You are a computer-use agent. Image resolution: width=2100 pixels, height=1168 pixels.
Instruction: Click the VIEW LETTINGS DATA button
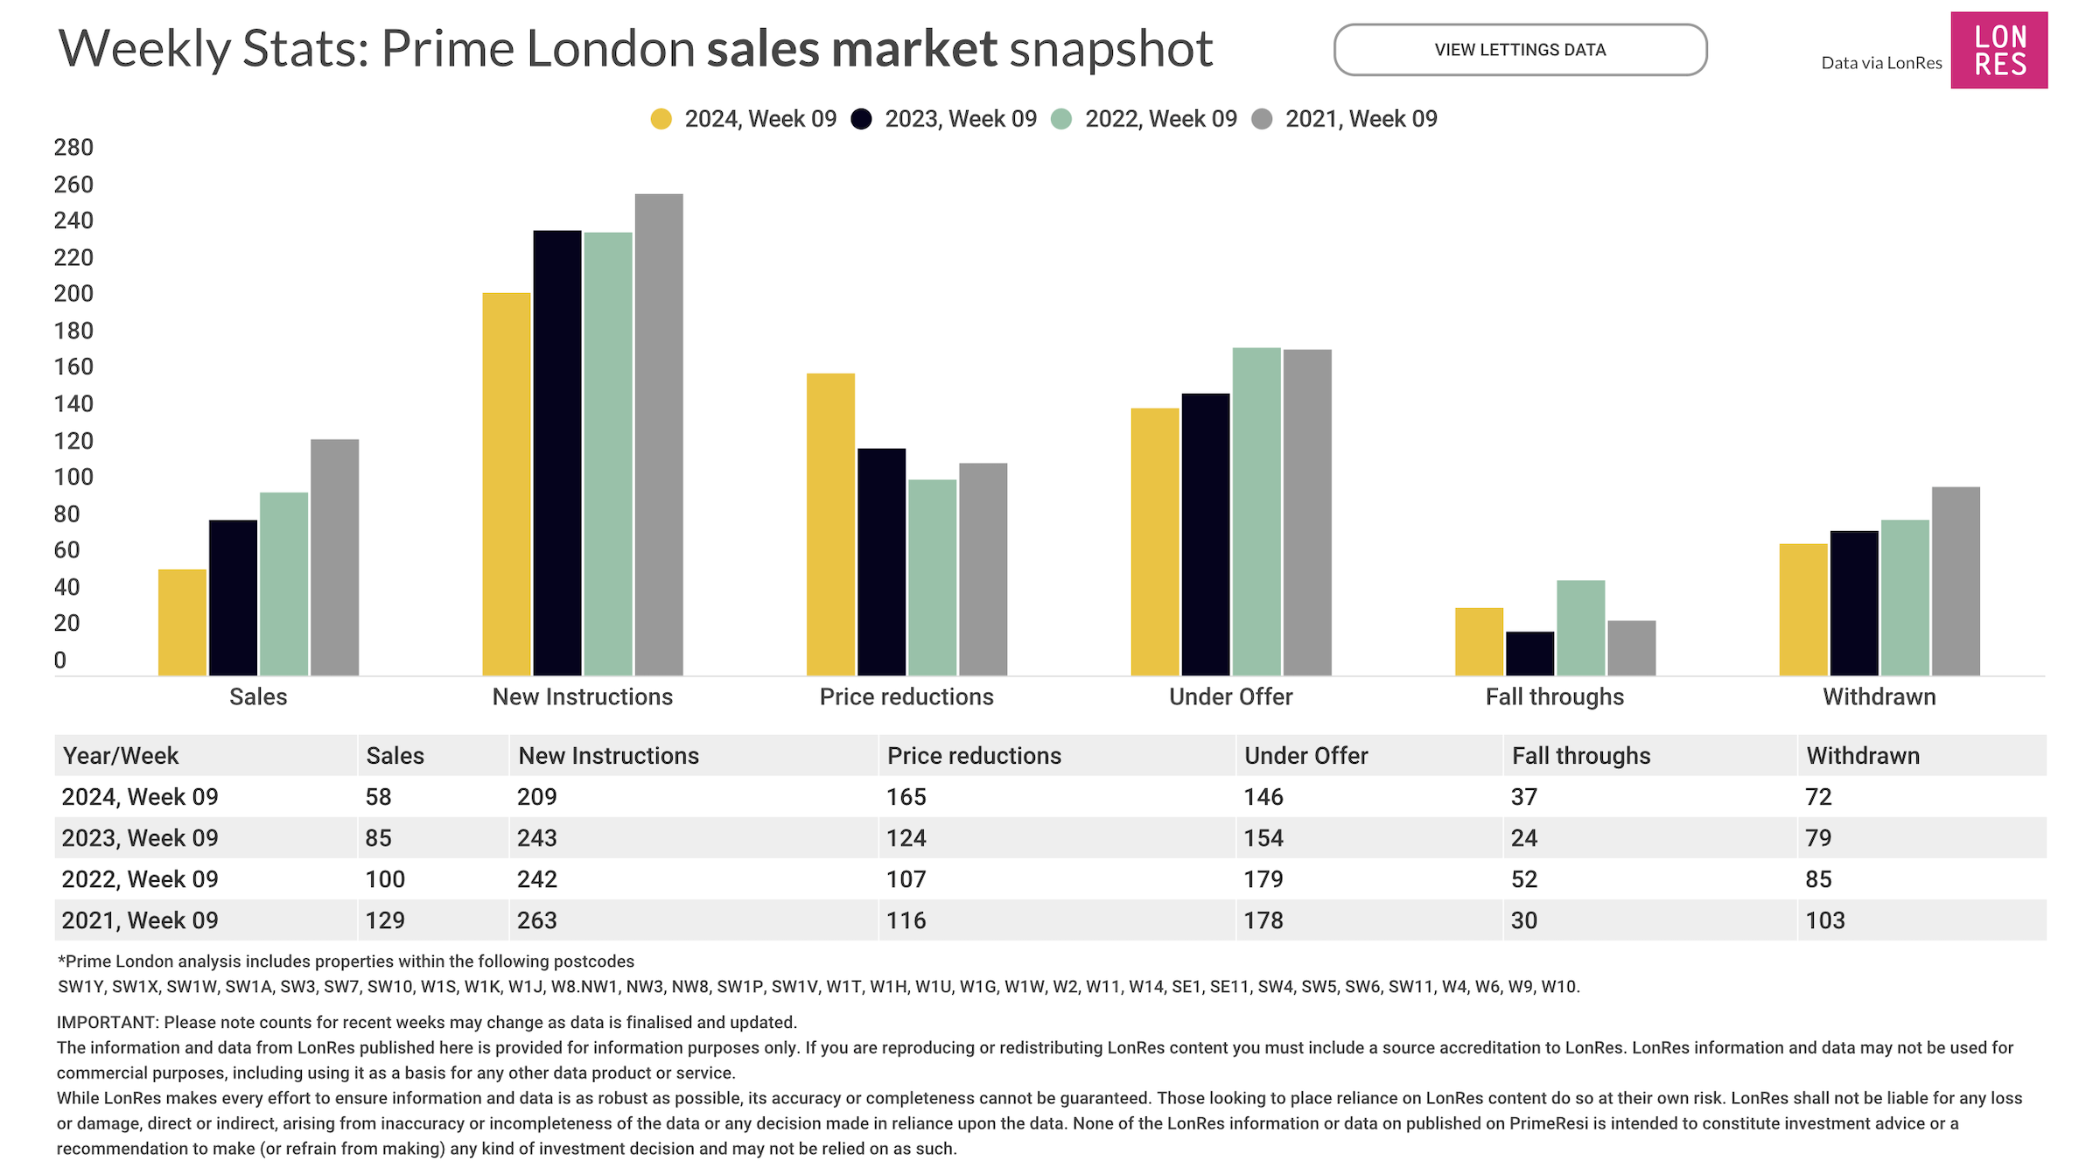point(1520,50)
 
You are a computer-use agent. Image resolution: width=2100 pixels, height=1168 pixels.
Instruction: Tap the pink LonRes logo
point(1998,50)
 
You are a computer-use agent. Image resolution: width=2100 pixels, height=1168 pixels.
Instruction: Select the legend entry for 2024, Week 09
point(744,119)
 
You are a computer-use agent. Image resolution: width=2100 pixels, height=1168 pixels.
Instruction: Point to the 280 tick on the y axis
point(73,148)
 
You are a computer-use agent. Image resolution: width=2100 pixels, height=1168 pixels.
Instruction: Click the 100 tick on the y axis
point(73,478)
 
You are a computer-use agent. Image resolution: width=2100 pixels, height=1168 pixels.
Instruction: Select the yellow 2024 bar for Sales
point(182,622)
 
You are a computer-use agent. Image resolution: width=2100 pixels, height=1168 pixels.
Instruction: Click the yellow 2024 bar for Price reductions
point(830,524)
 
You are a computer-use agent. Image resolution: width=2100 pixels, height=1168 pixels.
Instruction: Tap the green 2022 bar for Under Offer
point(1256,511)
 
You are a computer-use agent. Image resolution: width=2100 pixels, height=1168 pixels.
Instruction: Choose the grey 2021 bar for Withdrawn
point(1956,581)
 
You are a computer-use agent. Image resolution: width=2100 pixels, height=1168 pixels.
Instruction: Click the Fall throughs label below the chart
point(1554,697)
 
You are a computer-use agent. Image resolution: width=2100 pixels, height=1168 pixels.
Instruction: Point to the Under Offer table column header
point(1305,756)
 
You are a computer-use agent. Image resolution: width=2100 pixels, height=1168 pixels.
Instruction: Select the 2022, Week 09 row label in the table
point(140,879)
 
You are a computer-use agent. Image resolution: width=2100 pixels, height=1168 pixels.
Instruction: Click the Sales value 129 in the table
point(385,920)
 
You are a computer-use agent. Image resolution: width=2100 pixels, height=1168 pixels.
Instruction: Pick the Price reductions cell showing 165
point(906,797)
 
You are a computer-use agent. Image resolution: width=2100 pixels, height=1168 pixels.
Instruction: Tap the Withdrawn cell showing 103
point(1825,920)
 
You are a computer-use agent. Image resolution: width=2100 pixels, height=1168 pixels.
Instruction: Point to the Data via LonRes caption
point(1881,63)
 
